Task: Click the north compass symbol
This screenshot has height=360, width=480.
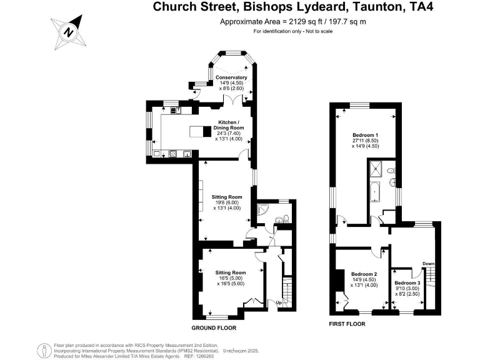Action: tap(69, 32)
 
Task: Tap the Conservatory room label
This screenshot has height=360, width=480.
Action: tap(231, 77)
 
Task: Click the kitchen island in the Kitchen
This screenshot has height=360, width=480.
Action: tap(201, 131)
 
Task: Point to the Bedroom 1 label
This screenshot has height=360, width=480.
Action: tap(365, 135)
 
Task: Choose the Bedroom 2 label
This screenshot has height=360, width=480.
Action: tap(364, 274)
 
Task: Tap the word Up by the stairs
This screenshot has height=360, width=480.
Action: tap(279, 302)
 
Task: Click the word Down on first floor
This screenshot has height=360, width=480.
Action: tap(429, 264)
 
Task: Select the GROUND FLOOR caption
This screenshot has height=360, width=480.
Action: tap(214, 328)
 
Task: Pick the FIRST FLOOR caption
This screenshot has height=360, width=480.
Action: tap(347, 324)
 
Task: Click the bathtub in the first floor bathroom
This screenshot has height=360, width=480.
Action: tap(375, 192)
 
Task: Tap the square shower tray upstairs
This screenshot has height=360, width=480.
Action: tap(376, 169)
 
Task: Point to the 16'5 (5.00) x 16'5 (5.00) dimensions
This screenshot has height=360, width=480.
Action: tap(231, 281)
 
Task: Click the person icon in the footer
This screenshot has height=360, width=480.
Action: tap(45, 351)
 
